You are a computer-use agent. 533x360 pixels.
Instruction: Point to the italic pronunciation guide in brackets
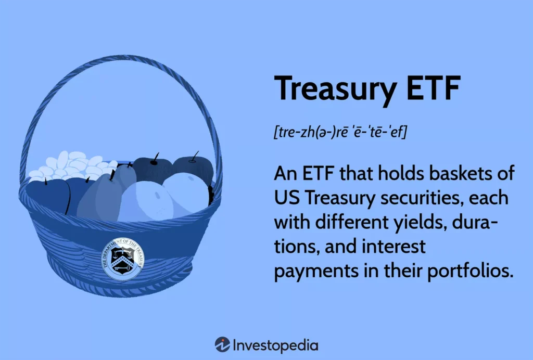pyautogui.click(x=340, y=132)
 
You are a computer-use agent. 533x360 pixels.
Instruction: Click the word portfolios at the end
pyautogui.click(x=471, y=271)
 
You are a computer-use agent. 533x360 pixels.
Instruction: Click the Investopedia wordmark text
pyautogui.click(x=276, y=345)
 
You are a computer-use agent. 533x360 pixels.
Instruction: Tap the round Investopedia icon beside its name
pyautogui.click(x=222, y=344)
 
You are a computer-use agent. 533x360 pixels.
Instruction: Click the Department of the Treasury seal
pyautogui.click(x=123, y=259)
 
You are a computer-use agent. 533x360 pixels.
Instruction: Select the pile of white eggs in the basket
pyautogui.click(x=73, y=165)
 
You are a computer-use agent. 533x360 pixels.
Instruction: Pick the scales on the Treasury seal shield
pyautogui.click(x=122, y=252)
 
